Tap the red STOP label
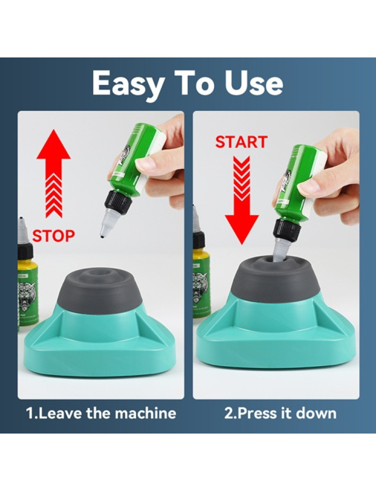point(54,236)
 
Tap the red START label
point(241,142)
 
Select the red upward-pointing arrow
point(54,173)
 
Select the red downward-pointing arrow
point(242,200)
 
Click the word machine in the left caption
point(145,413)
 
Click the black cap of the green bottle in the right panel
point(287,230)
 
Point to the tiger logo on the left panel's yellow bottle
point(27,296)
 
